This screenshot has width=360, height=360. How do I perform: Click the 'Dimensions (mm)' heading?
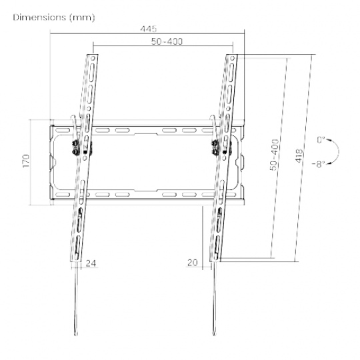54,18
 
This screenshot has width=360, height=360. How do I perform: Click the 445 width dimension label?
149,29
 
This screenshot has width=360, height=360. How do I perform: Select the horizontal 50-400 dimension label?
167,41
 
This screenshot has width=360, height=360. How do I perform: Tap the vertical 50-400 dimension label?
275,155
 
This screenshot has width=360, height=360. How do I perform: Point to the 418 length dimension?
299,156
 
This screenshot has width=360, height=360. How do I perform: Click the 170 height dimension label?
26,161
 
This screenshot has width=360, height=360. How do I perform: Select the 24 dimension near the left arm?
91,263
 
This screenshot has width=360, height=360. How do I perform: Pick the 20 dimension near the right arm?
193,263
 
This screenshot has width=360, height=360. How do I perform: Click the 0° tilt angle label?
321,140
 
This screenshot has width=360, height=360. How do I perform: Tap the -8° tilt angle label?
319,164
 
